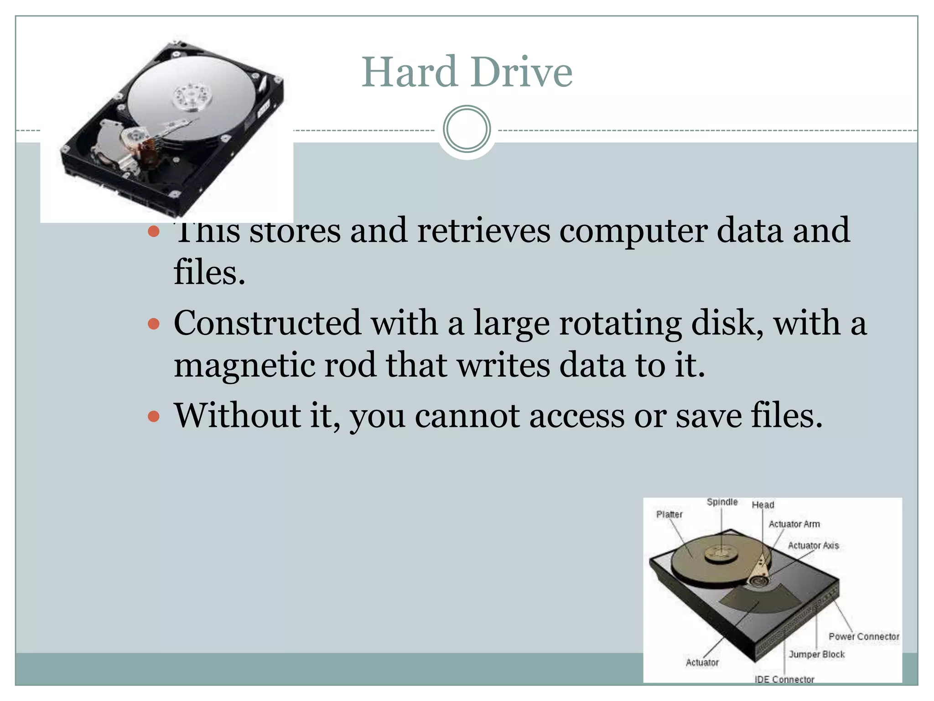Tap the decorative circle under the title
coord(467,129)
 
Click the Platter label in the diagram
coord(669,514)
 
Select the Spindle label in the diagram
coord(722,502)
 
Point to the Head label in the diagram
coord(763,505)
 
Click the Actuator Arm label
coord(794,524)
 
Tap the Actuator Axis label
coord(813,545)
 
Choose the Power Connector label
coord(864,636)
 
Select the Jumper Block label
coord(816,654)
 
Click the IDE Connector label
coord(784,679)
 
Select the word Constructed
coord(267,323)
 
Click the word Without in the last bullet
coord(237,415)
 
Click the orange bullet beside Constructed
coord(154,324)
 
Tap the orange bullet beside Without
coord(154,416)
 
